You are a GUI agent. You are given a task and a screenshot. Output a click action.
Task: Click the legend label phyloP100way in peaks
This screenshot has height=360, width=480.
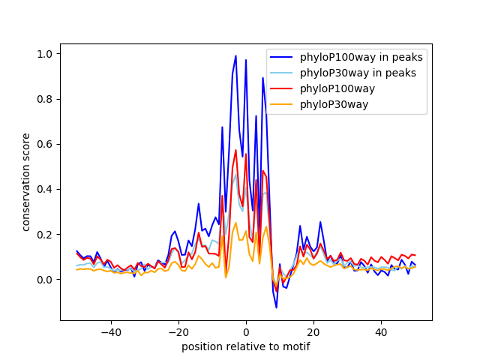[x=361, y=57]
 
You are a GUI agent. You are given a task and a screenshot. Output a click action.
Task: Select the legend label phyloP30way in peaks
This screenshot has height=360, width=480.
[x=358, y=73]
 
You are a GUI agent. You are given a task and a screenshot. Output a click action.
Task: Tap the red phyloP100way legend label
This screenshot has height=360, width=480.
[x=337, y=88]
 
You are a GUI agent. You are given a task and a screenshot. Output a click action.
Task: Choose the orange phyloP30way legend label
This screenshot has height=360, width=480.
[x=334, y=105]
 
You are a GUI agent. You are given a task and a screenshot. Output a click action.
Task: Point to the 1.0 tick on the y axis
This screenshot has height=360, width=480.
[x=46, y=54]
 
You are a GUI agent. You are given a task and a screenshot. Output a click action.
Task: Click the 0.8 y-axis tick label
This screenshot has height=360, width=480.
[x=46, y=99]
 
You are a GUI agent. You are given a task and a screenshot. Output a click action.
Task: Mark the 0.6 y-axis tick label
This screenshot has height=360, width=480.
[x=46, y=144]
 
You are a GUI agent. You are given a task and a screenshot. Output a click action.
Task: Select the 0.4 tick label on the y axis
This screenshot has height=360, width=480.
[x=46, y=190]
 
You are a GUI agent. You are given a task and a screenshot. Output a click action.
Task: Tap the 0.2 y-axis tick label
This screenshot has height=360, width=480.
[x=46, y=235]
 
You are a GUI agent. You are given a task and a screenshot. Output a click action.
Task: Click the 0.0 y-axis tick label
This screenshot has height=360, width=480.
[x=46, y=280]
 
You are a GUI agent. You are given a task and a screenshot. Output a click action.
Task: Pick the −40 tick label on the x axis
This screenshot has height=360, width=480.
[x=111, y=331]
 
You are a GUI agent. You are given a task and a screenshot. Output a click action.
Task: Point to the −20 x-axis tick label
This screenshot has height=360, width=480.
[x=178, y=331]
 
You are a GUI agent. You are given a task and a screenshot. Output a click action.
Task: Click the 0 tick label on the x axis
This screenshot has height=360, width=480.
[x=246, y=331]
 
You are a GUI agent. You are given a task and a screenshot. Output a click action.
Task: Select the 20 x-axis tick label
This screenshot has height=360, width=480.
[x=313, y=331]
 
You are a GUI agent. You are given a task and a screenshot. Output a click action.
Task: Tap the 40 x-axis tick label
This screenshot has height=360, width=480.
[x=381, y=331]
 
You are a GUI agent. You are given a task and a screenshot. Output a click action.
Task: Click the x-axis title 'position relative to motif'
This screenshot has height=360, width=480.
[x=246, y=346]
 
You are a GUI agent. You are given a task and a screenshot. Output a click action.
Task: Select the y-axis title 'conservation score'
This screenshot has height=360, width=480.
[x=26, y=182]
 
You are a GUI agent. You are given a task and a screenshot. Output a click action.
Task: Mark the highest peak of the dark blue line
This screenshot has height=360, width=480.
[x=235, y=55]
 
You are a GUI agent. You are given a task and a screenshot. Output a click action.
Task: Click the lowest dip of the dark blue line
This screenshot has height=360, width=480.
[x=277, y=307]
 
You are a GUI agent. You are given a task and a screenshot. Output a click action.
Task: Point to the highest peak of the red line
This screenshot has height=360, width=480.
[x=235, y=150]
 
